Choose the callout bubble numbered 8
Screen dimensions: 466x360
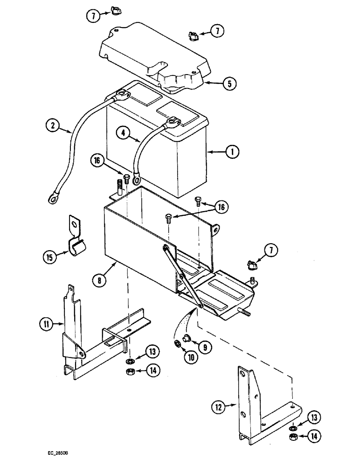pyautogui.click(x=99, y=281)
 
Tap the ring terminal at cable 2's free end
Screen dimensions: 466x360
pyautogui.click(x=51, y=199)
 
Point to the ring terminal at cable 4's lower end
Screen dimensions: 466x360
pyautogui.click(x=137, y=178)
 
